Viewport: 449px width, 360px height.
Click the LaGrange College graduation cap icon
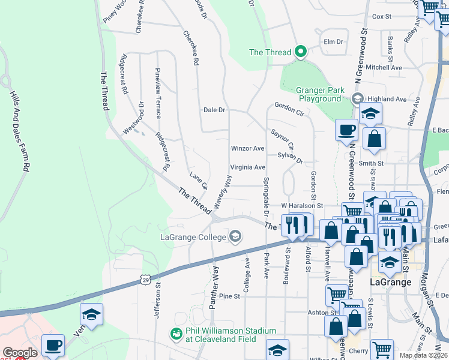click(235, 236)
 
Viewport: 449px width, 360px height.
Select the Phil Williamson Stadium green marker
click(176, 333)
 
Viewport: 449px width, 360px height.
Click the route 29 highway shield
click(145, 279)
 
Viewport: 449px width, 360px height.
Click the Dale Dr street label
click(214, 110)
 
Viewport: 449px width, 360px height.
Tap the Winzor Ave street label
click(247, 148)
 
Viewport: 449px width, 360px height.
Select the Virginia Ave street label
click(247, 167)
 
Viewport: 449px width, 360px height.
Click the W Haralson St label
click(303, 206)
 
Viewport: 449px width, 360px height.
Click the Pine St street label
click(229, 296)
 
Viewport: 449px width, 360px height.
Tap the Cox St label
click(382, 17)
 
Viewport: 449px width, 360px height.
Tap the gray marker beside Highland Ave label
click(358, 98)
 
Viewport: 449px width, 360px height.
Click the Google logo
click(20, 353)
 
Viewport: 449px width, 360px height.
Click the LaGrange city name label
click(390, 282)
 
